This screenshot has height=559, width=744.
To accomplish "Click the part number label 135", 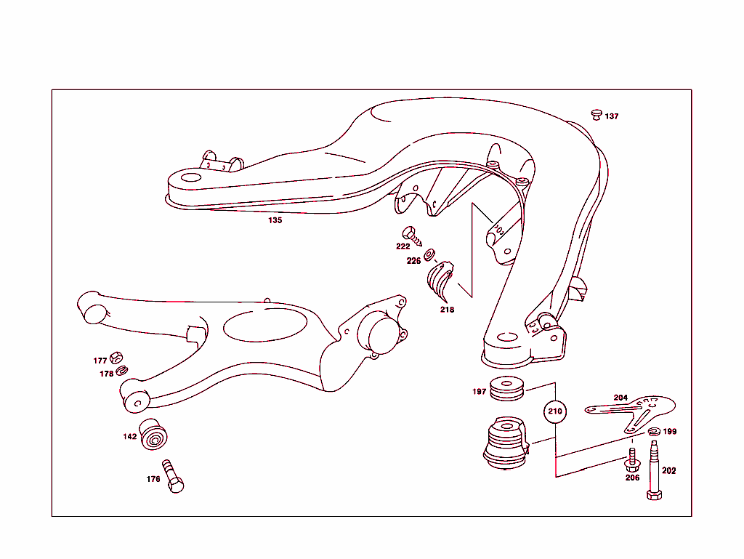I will point(275,220).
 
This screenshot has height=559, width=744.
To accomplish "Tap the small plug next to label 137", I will point(597,114).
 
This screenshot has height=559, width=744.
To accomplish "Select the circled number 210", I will point(555,411).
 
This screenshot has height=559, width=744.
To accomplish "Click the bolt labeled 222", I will point(413,236).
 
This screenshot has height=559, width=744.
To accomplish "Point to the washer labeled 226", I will point(429,254).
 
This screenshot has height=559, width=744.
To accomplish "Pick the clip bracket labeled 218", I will point(440,281).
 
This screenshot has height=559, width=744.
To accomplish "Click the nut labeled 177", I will point(116,358).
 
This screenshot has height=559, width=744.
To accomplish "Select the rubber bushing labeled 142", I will point(154,435).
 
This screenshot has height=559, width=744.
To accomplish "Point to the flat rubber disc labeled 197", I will point(508,389).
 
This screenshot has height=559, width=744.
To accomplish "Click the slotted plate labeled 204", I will point(632,411).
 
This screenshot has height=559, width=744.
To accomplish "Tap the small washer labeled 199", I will point(653,433).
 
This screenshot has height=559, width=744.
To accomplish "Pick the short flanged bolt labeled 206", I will point(631,459).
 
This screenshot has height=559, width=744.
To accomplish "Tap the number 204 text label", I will point(620,398).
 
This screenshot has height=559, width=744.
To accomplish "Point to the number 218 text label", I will point(447,310).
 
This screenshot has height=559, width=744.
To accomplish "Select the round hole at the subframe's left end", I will point(190,178).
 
